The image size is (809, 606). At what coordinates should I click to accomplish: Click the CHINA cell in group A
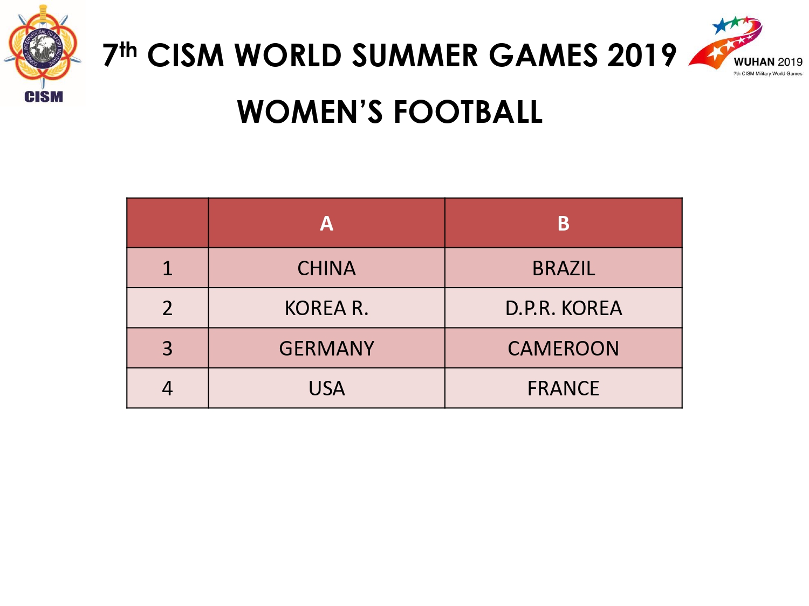[x=326, y=268]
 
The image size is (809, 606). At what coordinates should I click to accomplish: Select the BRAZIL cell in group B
[x=563, y=268]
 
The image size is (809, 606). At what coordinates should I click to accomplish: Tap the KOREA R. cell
[x=326, y=308]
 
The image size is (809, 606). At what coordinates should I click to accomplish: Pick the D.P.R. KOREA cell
[x=563, y=308]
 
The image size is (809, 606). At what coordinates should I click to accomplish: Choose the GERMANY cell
[x=326, y=348]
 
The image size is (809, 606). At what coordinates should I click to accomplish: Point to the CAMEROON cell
[x=563, y=348]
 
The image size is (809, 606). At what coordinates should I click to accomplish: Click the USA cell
[x=326, y=388]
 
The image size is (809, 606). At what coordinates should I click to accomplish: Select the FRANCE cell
[x=563, y=388]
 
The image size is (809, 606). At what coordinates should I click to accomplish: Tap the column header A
[x=326, y=223]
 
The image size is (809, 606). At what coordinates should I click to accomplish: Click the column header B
[x=563, y=223]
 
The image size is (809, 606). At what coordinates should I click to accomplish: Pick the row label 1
[x=167, y=268]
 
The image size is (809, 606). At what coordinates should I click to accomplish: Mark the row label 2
[x=167, y=308]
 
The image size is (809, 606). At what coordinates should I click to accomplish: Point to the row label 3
[x=167, y=348]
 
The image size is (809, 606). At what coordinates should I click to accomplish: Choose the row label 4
[x=167, y=388]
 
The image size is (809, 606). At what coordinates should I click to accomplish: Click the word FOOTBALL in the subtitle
[x=468, y=112]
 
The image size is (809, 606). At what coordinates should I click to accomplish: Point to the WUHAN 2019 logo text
[x=768, y=62]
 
